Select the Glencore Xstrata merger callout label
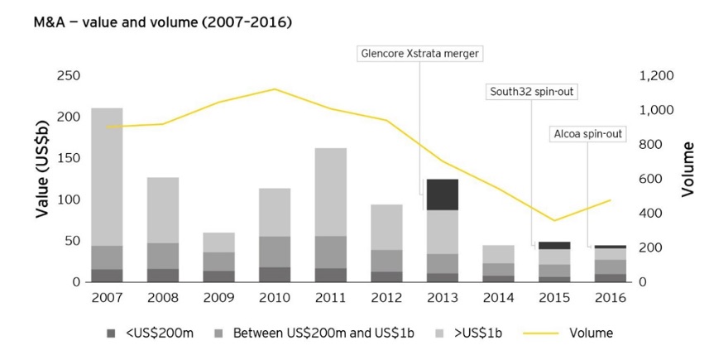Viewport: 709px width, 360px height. click(x=420, y=54)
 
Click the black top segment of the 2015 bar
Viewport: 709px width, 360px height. click(x=555, y=246)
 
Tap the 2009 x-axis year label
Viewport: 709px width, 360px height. click(x=218, y=297)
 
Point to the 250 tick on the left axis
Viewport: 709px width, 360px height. click(x=69, y=76)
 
